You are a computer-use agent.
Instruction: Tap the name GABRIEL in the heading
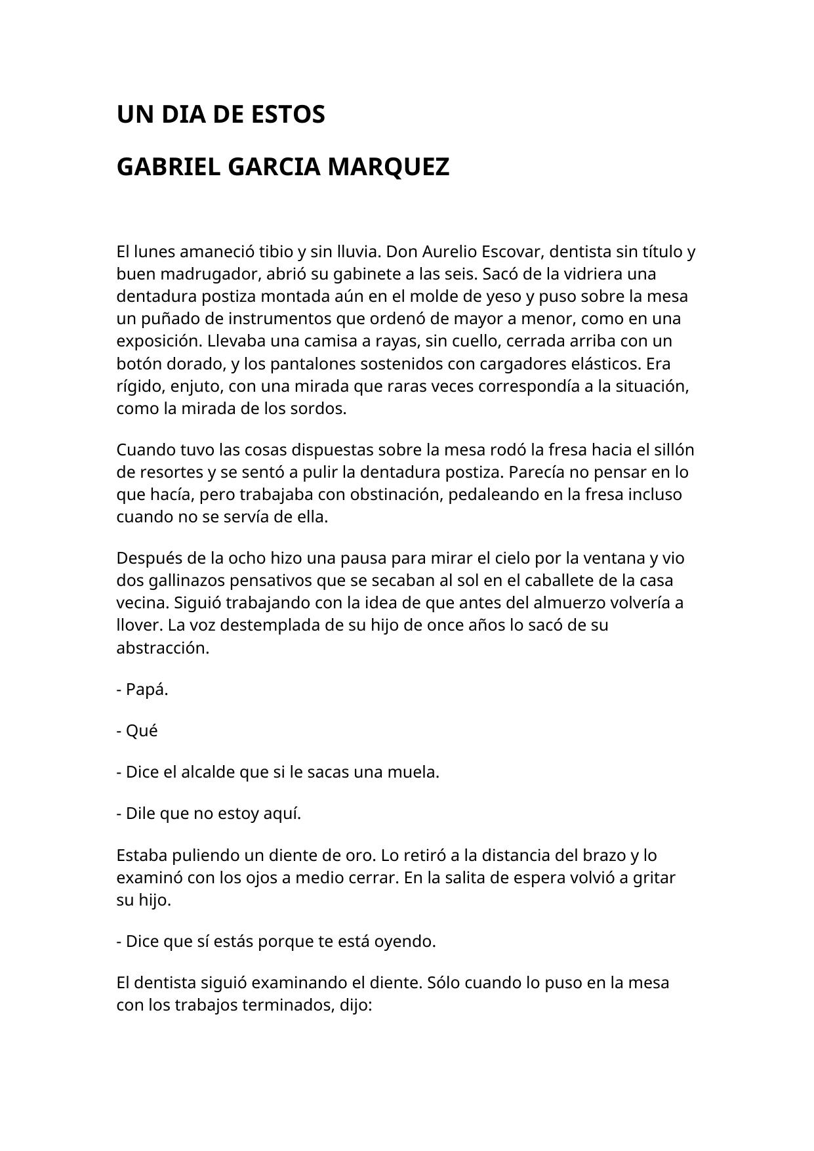tap(168, 167)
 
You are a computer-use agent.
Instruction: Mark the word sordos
tap(320, 409)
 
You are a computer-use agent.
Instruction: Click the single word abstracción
tap(163, 648)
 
